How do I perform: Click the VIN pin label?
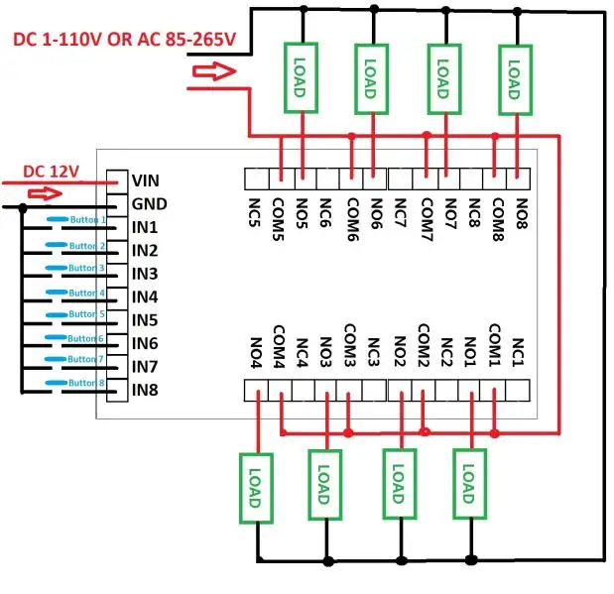click(x=145, y=181)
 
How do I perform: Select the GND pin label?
click(x=147, y=204)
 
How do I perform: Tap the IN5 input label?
click(x=145, y=319)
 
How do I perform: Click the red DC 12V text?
click(x=50, y=169)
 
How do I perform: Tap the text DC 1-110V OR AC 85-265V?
click(x=124, y=39)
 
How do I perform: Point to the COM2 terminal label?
click(x=424, y=345)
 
